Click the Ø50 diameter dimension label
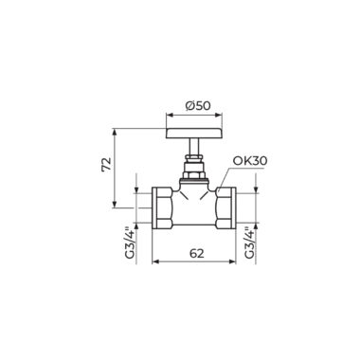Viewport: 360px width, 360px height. click(x=198, y=106)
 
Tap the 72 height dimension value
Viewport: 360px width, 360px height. click(x=107, y=164)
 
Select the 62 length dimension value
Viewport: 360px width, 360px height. click(x=196, y=253)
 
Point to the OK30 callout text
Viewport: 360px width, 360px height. click(x=250, y=161)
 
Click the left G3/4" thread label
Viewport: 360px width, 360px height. click(x=130, y=242)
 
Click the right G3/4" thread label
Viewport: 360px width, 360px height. click(x=249, y=242)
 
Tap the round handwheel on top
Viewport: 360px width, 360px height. click(x=194, y=134)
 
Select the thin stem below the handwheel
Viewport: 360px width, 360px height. click(x=194, y=147)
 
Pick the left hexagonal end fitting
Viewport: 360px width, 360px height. click(x=162, y=207)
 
